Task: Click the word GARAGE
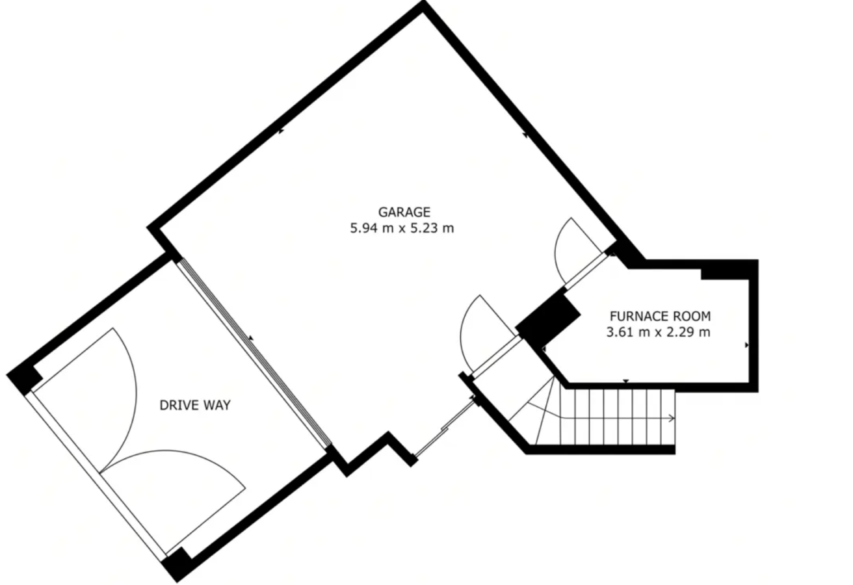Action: [404, 212]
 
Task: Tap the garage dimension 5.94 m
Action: [372, 228]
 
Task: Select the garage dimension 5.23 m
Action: [432, 228]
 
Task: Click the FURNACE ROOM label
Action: [660, 317]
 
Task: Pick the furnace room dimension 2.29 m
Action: [689, 332]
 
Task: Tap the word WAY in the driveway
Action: [217, 406]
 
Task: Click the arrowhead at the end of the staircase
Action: [672, 419]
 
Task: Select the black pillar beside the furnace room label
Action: [548, 318]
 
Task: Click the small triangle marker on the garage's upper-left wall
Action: [282, 131]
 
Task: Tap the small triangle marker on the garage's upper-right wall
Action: [525, 135]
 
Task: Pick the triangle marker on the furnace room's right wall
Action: [747, 345]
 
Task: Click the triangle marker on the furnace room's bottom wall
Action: [625, 381]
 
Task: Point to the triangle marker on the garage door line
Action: [251, 337]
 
